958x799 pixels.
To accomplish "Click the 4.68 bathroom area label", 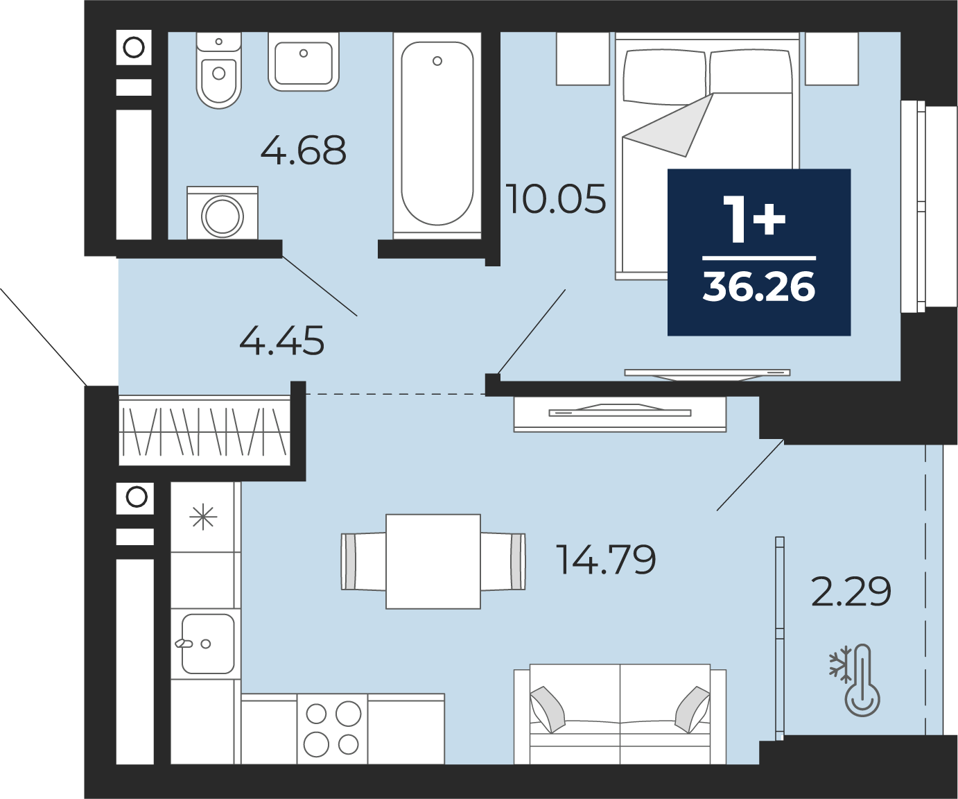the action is click(304, 150).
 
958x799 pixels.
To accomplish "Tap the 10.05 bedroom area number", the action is click(556, 199).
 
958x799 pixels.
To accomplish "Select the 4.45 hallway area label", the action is click(281, 341).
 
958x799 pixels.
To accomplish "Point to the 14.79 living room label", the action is click(606, 559).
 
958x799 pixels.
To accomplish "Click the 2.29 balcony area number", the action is click(851, 592).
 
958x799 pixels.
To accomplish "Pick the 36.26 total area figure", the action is click(759, 286).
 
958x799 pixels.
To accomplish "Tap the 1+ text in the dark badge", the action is click(754, 218).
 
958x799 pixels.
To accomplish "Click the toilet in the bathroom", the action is click(219, 70).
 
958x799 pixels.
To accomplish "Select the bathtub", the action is click(437, 135).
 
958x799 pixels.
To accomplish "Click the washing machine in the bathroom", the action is click(223, 213).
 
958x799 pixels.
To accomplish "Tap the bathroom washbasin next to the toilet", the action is click(304, 62).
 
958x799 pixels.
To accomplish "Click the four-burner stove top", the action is click(332, 729).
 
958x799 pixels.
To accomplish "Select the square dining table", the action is click(433, 562).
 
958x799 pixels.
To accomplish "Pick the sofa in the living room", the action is click(620, 714).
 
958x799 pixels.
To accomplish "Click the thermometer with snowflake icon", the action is click(855, 680).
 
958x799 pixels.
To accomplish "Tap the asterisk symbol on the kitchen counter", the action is click(203, 517).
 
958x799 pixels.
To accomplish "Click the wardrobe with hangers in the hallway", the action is click(204, 430).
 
